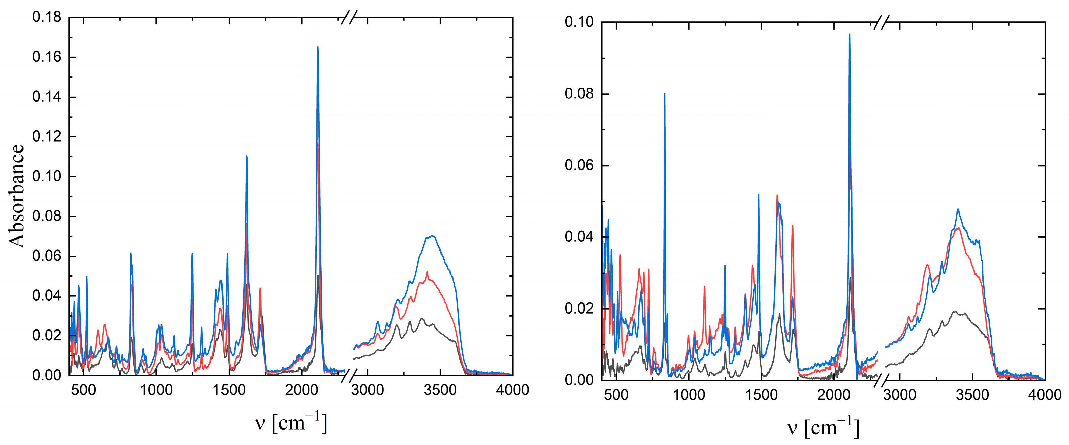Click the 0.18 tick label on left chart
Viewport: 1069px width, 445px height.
pos(47,17)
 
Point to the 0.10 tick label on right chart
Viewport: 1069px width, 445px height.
pos(579,22)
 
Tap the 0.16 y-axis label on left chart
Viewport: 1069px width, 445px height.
pos(47,57)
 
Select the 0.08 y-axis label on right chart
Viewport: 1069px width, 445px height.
pos(579,94)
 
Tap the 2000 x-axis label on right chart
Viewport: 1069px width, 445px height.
pos(834,394)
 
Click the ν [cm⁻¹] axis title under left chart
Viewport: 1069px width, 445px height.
pos(291,423)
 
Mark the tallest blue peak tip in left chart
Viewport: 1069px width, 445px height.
pos(318,47)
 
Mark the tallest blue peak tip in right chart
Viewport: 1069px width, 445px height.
pos(850,35)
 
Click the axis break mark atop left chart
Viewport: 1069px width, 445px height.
pos(349,18)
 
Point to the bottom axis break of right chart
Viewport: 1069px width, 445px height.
pos(880,380)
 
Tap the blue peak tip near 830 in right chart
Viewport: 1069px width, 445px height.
pos(665,94)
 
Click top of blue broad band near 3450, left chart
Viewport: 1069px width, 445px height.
pos(432,236)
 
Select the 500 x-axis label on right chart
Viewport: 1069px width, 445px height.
pos(616,394)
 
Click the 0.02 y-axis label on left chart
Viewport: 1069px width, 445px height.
pos(47,335)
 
